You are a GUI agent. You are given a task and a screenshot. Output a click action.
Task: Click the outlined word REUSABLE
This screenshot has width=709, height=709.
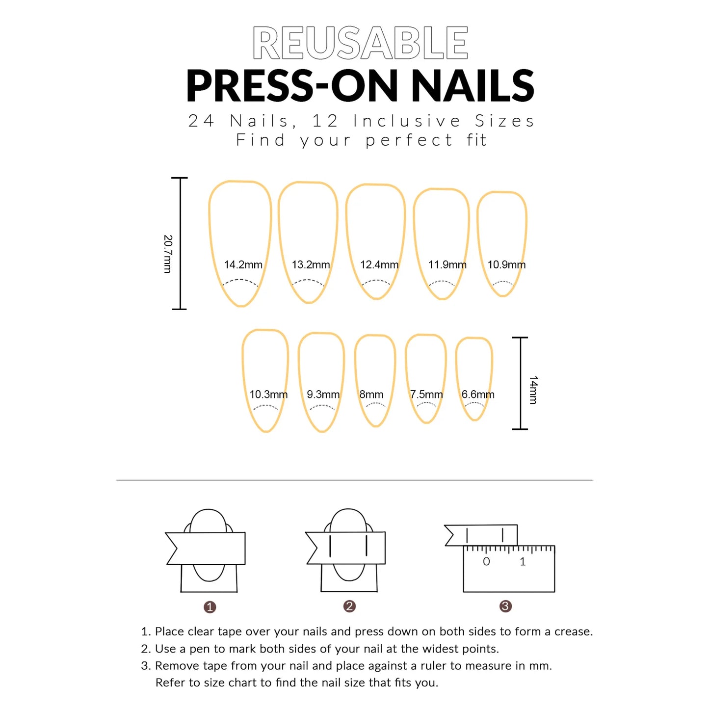coord(360,43)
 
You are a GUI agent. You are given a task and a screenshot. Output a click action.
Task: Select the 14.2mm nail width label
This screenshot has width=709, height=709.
coord(243,265)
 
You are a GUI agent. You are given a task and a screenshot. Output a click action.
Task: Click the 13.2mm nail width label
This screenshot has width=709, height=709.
coord(311,265)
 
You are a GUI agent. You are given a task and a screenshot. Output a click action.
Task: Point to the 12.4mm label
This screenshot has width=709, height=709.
coord(379,265)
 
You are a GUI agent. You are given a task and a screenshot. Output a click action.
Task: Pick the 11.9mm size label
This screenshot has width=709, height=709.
coord(447,265)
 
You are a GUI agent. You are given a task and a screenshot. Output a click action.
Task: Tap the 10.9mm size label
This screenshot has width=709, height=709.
coord(506,265)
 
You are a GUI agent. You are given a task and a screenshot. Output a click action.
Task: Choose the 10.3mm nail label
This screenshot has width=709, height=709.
coord(268,394)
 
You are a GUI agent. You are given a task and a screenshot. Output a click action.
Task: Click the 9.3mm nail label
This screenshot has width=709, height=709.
coord(323,394)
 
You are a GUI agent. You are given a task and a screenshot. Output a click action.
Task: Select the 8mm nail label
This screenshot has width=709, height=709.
coord(371,394)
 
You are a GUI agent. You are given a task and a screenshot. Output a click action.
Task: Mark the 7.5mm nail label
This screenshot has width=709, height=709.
coord(426,394)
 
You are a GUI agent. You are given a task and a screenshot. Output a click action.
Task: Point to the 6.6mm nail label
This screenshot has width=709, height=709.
coord(477,394)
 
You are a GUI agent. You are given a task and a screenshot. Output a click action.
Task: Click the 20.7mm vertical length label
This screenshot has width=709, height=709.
coord(168,254)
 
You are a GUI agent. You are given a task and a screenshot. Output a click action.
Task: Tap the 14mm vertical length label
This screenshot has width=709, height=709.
coord(533,390)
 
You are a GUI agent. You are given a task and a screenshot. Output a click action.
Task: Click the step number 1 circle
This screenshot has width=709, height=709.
coord(210,607)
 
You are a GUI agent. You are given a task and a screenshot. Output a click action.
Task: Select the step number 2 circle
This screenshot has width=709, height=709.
coord(349,606)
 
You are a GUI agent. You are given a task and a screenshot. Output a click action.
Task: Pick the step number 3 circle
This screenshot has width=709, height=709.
coord(505,606)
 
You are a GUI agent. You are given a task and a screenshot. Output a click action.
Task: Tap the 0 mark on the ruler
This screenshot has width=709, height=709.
coord(486,562)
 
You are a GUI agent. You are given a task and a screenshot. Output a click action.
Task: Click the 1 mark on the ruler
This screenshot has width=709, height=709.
coord(523,562)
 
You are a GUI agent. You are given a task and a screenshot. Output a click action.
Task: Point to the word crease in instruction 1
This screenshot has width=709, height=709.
coord(573,631)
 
